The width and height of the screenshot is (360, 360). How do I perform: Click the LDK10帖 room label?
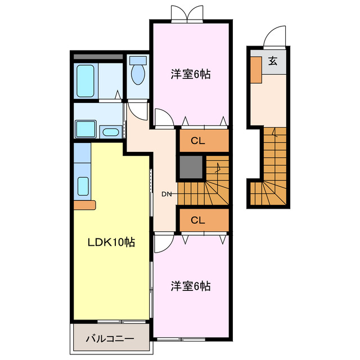click(x=110, y=242)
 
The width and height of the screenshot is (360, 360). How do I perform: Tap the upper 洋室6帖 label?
click(x=191, y=74)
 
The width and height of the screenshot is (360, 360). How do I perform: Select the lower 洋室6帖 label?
click(x=191, y=286)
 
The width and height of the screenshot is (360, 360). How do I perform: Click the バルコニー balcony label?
click(x=110, y=340)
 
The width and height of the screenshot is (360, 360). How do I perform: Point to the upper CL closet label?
click(x=197, y=141)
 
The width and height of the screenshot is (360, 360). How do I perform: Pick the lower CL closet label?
click(x=197, y=219)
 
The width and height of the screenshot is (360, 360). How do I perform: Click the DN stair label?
click(x=166, y=195)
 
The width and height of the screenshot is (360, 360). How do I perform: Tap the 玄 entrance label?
click(x=272, y=61)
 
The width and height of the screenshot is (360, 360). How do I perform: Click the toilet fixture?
click(x=137, y=72)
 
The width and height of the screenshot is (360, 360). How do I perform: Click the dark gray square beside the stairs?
click(x=191, y=167)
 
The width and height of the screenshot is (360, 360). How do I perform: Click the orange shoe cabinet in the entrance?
click(x=256, y=70)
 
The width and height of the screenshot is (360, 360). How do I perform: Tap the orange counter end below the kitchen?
click(x=85, y=205)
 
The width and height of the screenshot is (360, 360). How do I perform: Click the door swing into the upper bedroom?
click(x=163, y=119)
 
